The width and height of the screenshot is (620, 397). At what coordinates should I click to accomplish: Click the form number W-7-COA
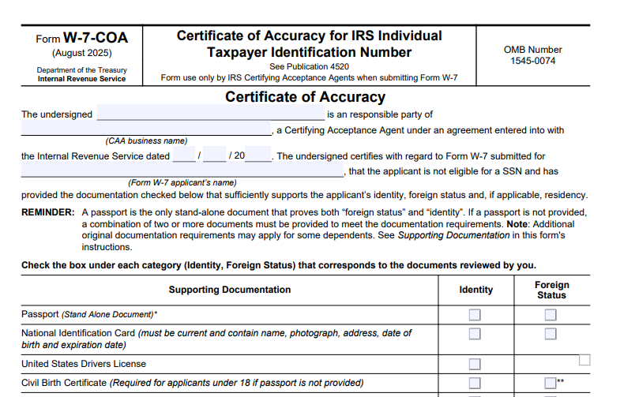(95, 38)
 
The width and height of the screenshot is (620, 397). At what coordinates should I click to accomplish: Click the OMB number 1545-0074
(533, 61)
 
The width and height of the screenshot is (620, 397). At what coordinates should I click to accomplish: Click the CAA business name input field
(146, 129)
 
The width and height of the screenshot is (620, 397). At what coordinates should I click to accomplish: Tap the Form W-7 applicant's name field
(182, 170)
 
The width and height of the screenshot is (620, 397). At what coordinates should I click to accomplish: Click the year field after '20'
(258, 155)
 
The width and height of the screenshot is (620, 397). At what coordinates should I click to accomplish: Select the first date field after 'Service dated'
(184, 155)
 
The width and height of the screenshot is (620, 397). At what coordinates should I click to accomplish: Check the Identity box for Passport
(475, 315)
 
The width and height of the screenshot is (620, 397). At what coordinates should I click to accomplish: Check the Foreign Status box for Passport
(550, 315)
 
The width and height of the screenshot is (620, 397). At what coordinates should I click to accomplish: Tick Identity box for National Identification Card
(475, 334)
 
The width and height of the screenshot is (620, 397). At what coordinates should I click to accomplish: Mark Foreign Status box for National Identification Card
(550, 334)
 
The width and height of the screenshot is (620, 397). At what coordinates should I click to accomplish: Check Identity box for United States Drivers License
(475, 364)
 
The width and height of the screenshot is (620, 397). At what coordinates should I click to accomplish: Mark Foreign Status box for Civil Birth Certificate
(550, 383)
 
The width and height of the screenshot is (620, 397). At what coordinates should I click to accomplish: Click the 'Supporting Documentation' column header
(229, 290)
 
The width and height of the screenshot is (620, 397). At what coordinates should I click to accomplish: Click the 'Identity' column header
(475, 290)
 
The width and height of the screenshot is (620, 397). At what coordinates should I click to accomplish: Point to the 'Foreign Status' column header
(551, 290)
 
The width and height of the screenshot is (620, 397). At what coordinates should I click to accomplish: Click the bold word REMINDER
(48, 212)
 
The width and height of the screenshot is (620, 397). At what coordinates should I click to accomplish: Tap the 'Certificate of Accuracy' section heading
(305, 97)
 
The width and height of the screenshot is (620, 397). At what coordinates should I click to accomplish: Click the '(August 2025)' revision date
(82, 54)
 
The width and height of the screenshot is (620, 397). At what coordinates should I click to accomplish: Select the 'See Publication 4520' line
(309, 67)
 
